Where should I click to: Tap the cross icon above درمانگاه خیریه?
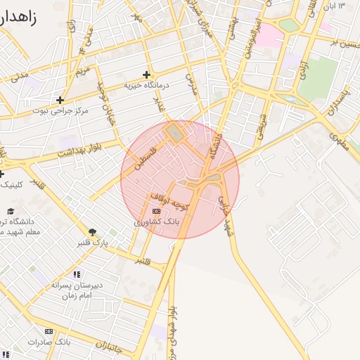[x=146, y=75]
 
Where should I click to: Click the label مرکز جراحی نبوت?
[x=60, y=110]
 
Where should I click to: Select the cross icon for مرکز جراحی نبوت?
[x=60, y=100]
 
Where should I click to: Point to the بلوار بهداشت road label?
[x=79, y=151]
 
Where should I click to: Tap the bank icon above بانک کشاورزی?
[x=156, y=211]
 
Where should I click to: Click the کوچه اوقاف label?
[x=169, y=198]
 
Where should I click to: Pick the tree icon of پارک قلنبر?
[x=92, y=232]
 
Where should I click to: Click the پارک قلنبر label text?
[x=92, y=243]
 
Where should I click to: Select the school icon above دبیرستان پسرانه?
[x=77, y=274]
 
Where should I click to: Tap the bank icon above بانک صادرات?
[x=49, y=331]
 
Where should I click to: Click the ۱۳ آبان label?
[x=333, y=6]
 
